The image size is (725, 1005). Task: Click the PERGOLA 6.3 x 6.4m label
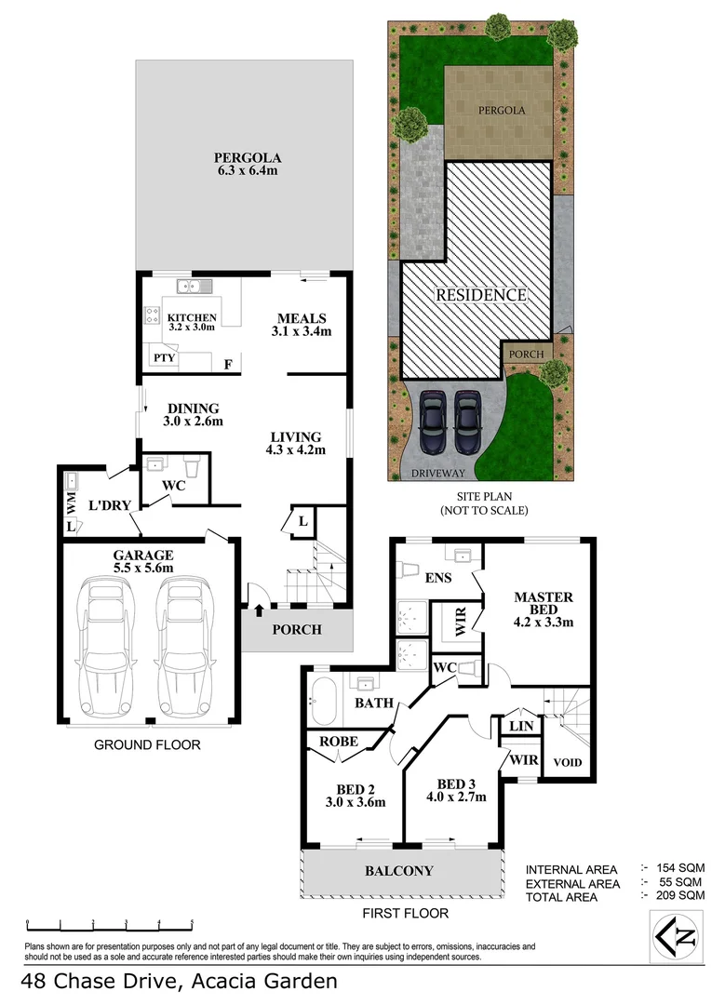pos(246,164)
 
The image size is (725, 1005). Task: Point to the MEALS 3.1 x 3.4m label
pos(301,324)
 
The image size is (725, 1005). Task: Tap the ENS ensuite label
pos(437,578)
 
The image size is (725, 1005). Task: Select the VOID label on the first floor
pos(568,763)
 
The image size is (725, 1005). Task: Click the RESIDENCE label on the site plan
pos(482,295)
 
